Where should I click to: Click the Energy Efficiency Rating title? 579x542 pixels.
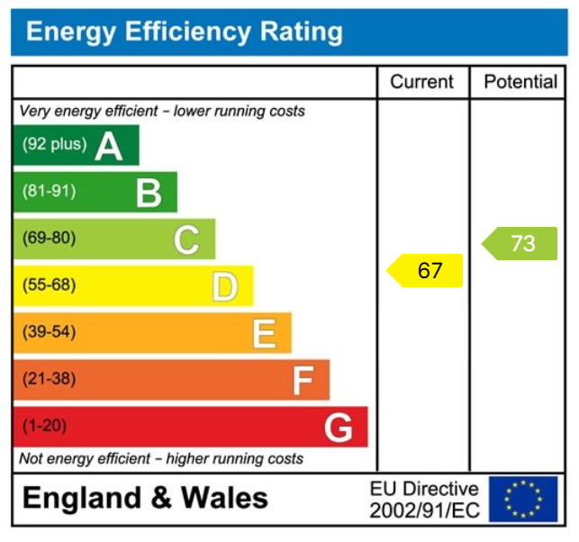click(185, 33)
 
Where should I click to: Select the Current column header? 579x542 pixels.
click(421, 82)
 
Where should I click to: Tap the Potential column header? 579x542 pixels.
click(520, 82)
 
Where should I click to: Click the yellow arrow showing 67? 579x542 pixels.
click(426, 271)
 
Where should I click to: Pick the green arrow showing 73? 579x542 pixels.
click(520, 243)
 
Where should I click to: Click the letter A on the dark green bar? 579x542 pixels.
click(109, 145)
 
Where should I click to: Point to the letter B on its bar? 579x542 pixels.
click(149, 193)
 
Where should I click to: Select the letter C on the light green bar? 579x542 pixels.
click(186, 239)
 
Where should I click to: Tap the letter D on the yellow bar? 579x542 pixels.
click(225, 286)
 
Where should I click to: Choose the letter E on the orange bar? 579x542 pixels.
click(264, 333)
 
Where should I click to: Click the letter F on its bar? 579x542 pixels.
click(303, 381)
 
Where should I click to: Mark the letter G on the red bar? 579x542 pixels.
click(339, 428)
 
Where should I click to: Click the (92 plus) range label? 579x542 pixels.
click(54, 144)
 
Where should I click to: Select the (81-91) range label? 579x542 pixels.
click(49, 192)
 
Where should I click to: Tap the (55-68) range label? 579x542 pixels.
click(49, 285)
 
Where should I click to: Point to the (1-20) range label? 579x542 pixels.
click(44, 426)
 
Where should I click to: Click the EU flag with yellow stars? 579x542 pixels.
click(523, 500)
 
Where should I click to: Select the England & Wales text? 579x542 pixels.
click(145, 498)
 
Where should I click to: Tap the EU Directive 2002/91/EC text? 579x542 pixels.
click(424, 500)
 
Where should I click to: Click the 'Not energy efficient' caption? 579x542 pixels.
click(161, 458)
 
